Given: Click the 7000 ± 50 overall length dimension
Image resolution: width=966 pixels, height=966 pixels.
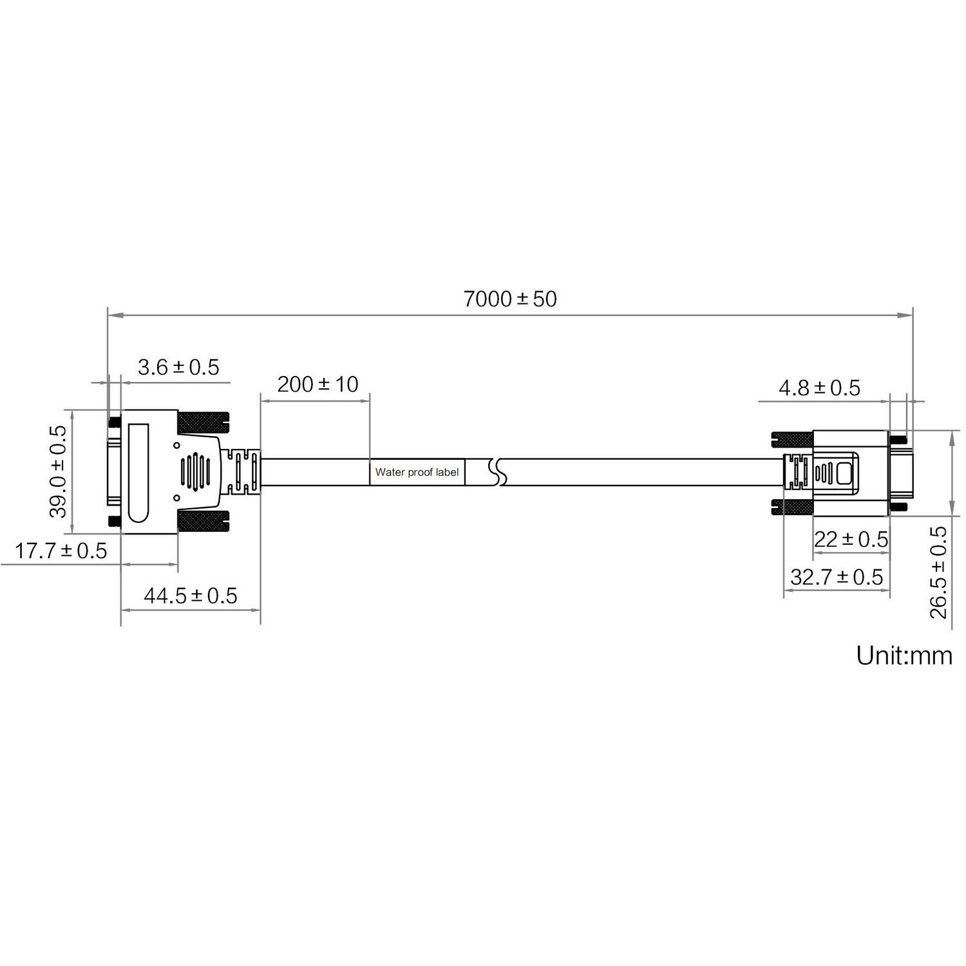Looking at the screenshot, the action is click(x=510, y=299).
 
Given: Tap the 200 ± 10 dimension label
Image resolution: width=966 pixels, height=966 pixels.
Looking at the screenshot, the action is click(x=317, y=384).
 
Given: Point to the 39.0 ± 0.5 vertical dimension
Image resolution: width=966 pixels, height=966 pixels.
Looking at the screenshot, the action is click(x=59, y=471).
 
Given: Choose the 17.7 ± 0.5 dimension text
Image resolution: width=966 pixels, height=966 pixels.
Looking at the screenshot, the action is click(x=61, y=551).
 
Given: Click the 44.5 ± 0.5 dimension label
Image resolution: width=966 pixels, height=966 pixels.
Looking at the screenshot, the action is click(x=190, y=596).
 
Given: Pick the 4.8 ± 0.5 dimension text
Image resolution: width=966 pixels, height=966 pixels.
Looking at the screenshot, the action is click(x=819, y=388).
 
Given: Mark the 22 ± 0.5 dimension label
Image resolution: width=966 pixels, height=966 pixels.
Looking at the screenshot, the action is click(x=851, y=539).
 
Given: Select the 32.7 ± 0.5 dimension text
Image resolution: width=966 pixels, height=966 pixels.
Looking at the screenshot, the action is click(x=837, y=577).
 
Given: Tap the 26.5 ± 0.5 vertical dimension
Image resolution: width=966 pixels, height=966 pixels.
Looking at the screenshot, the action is click(x=940, y=573).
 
